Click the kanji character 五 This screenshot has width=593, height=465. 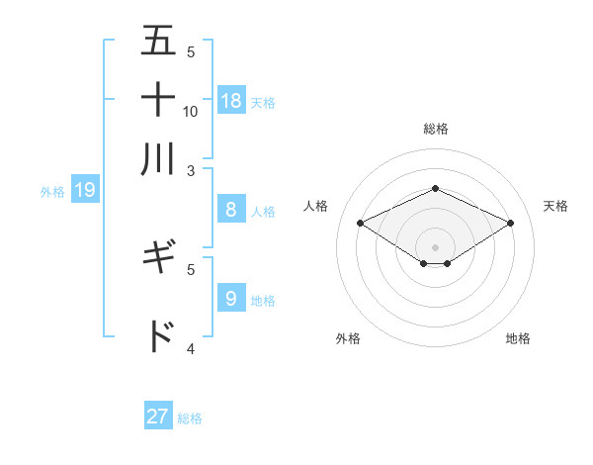(158, 42)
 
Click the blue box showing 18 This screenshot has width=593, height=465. (231, 100)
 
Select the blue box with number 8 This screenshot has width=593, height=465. (231, 209)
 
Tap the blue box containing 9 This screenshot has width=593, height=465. (231, 298)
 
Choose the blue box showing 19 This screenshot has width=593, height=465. (85, 190)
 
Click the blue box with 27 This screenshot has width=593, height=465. (158, 417)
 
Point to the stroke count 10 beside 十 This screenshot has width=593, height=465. (191, 111)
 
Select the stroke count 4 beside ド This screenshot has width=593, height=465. (191, 348)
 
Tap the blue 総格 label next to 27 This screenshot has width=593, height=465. (191, 418)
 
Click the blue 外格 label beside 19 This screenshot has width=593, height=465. (52, 192)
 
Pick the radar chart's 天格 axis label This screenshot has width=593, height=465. (556, 206)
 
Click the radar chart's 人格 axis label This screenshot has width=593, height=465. (316, 206)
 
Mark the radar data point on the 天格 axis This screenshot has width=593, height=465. (511, 224)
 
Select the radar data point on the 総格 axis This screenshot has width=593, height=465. (435, 188)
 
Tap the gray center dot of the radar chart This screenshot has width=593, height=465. (435, 246)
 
